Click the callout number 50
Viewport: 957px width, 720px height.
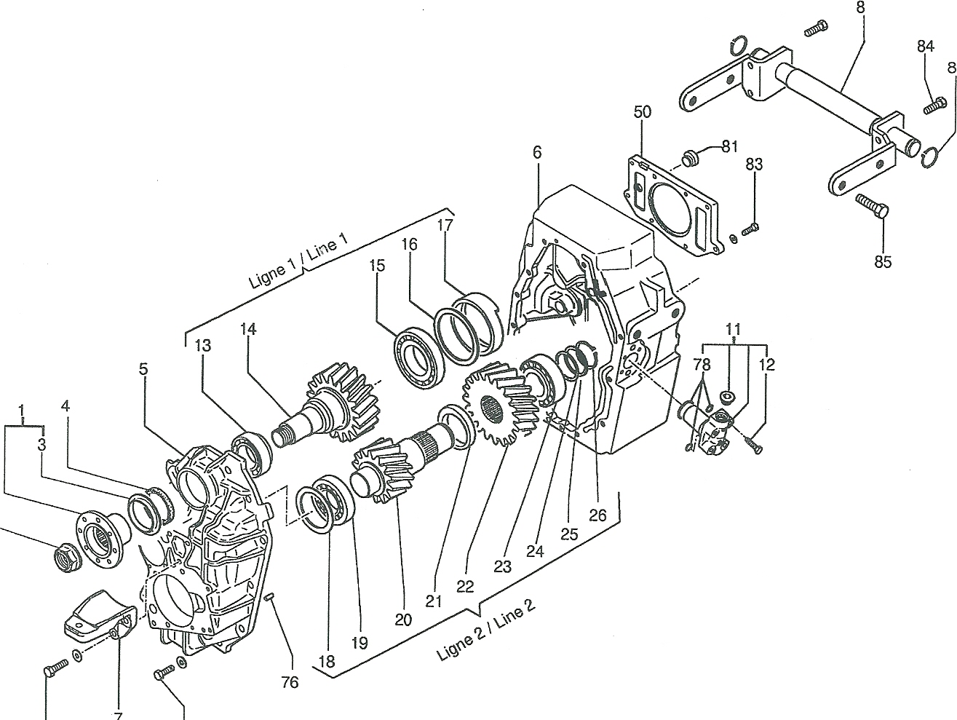pyautogui.click(x=642, y=112)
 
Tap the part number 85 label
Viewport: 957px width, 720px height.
pyautogui.click(x=883, y=261)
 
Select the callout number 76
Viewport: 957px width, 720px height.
pyautogui.click(x=290, y=682)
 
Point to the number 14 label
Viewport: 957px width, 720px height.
pyautogui.click(x=248, y=329)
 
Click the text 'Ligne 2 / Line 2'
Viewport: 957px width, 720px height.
pyautogui.click(x=485, y=630)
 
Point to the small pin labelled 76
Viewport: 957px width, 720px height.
pyautogui.click(x=269, y=596)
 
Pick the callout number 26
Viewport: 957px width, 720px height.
pyautogui.click(x=597, y=515)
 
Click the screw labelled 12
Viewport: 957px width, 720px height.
pyautogui.click(x=755, y=446)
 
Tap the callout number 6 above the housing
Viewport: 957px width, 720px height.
pyautogui.click(x=537, y=152)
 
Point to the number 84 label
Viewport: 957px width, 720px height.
pyautogui.click(x=926, y=46)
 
